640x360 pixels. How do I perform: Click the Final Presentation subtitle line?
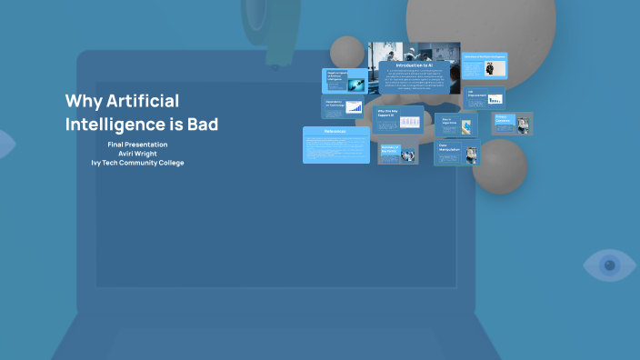(x=136, y=145)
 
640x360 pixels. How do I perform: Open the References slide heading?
(x=335, y=132)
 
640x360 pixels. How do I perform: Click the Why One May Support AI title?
(x=387, y=114)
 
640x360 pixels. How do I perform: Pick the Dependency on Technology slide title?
(x=333, y=104)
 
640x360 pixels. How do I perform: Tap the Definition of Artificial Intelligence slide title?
(x=485, y=56)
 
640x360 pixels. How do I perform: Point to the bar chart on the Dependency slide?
(x=354, y=107)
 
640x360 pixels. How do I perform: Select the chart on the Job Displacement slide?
(x=495, y=99)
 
